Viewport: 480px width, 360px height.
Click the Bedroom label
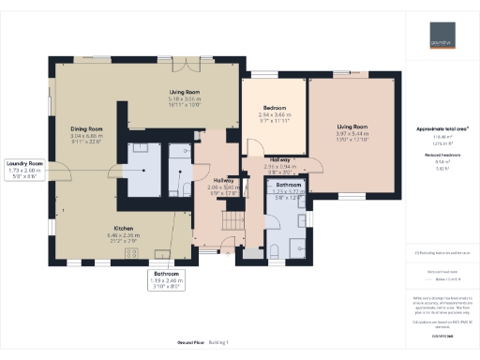[x=273, y=114]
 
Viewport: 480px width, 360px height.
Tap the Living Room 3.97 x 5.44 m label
[x=352, y=131]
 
